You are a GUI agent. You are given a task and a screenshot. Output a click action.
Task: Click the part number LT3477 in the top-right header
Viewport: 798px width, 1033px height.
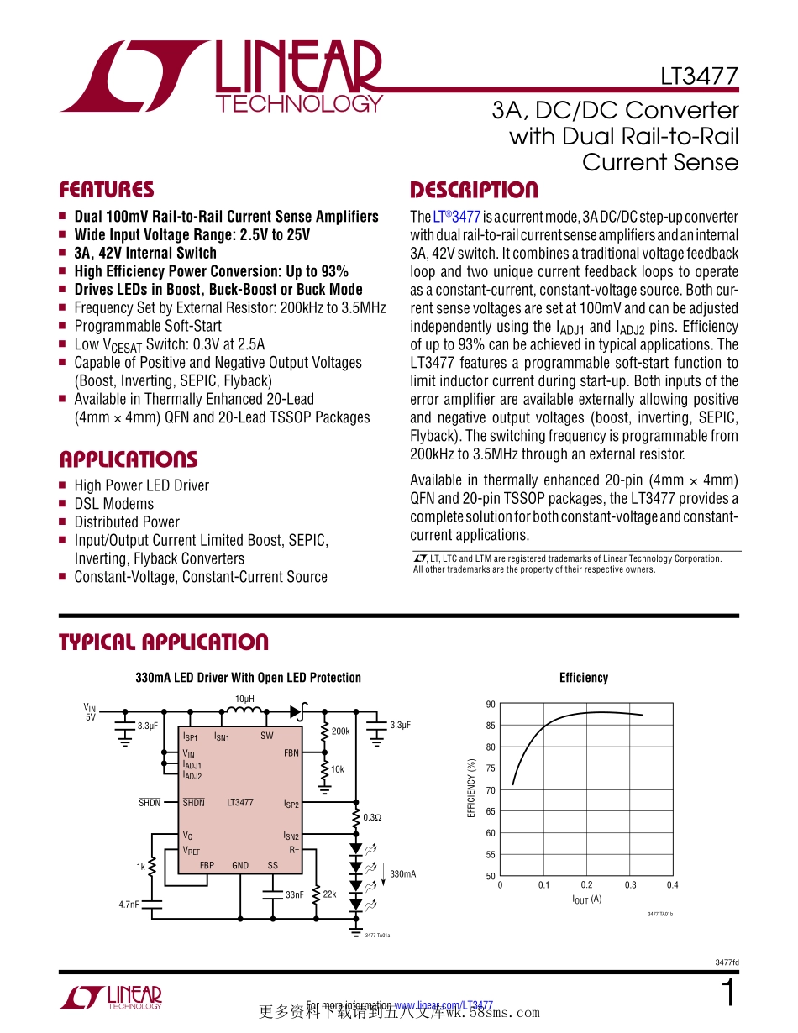pyautogui.click(x=699, y=76)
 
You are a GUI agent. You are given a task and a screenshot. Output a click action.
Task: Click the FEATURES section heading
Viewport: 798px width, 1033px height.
pyautogui.click(x=106, y=189)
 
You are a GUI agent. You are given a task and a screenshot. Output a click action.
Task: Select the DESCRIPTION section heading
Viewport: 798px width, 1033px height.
pyautogui.click(x=474, y=190)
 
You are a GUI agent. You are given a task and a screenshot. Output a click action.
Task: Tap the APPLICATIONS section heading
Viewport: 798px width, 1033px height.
pyautogui.click(x=128, y=459)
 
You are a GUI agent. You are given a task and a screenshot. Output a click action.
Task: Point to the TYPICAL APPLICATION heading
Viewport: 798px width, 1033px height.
pyautogui.click(x=163, y=642)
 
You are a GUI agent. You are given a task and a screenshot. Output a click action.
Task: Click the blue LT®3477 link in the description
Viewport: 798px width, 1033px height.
pyautogui.click(x=457, y=217)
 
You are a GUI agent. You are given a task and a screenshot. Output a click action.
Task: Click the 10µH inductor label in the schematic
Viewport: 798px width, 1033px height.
pyautogui.click(x=244, y=699)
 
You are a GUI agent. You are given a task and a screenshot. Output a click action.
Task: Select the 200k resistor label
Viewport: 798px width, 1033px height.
pyautogui.click(x=340, y=731)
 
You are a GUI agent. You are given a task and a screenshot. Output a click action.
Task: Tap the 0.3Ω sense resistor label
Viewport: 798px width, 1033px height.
pyautogui.click(x=372, y=816)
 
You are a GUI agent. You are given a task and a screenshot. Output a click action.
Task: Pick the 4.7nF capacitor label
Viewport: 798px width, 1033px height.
pyautogui.click(x=129, y=905)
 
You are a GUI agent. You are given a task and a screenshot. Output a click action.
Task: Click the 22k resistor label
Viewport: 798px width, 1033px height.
pyautogui.click(x=329, y=894)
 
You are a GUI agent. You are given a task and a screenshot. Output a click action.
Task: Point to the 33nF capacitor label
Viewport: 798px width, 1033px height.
pyautogui.click(x=294, y=895)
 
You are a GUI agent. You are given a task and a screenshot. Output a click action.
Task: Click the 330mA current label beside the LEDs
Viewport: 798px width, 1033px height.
pyautogui.click(x=403, y=874)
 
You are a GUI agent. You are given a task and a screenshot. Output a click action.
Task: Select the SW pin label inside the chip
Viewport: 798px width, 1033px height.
pyautogui.click(x=266, y=737)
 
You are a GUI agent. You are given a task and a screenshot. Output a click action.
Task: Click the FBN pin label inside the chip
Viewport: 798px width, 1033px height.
pyautogui.click(x=291, y=753)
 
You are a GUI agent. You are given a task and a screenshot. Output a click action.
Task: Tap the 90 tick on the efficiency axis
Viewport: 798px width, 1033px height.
pyautogui.click(x=491, y=705)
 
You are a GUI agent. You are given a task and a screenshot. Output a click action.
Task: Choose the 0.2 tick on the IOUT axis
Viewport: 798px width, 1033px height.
pyautogui.click(x=586, y=885)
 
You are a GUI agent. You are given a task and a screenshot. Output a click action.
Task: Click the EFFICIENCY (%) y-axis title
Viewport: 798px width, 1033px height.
pyautogui.click(x=472, y=789)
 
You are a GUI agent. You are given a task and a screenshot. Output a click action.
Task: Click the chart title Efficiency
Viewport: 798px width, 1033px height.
pyautogui.click(x=584, y=678)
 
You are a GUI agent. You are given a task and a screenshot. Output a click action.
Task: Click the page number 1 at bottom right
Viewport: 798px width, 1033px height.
pyautogui.click(x=728, y=994)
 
